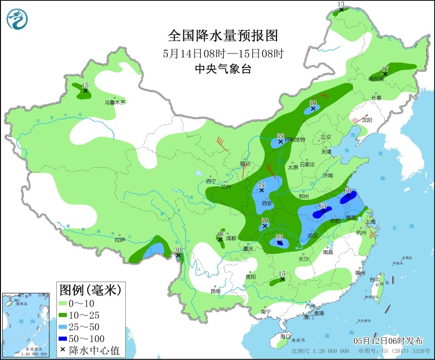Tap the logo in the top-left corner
pos(18,19)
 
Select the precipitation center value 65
pos(323,207)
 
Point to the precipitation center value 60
pos(348,191)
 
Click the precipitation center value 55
pos(279,237)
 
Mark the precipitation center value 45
pos(261,185)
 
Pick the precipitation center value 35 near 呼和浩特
pos(280,136)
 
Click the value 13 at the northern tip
pos(341,4)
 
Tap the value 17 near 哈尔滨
pos(385,69)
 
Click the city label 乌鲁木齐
pos(115,103)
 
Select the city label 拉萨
pos(120,240)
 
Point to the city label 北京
pos(326,137)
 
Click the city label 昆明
pos(215,291)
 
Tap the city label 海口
pos(286,336)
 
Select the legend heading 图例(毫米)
pos(90,290)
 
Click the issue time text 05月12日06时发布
pos(388,342)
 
